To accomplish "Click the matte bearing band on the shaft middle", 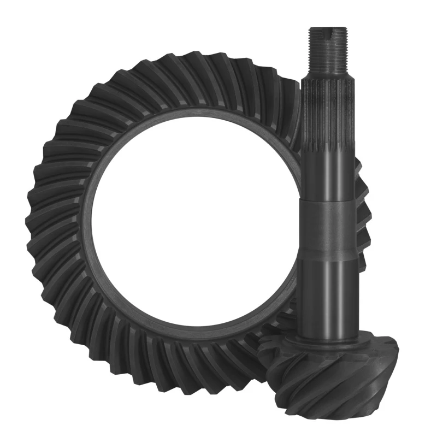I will (x=327, y=230).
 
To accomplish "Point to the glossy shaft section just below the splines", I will (x=327, y=175).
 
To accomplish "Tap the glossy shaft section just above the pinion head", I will (x=327, y=295).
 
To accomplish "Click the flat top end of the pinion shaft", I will (x=327, y=28).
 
